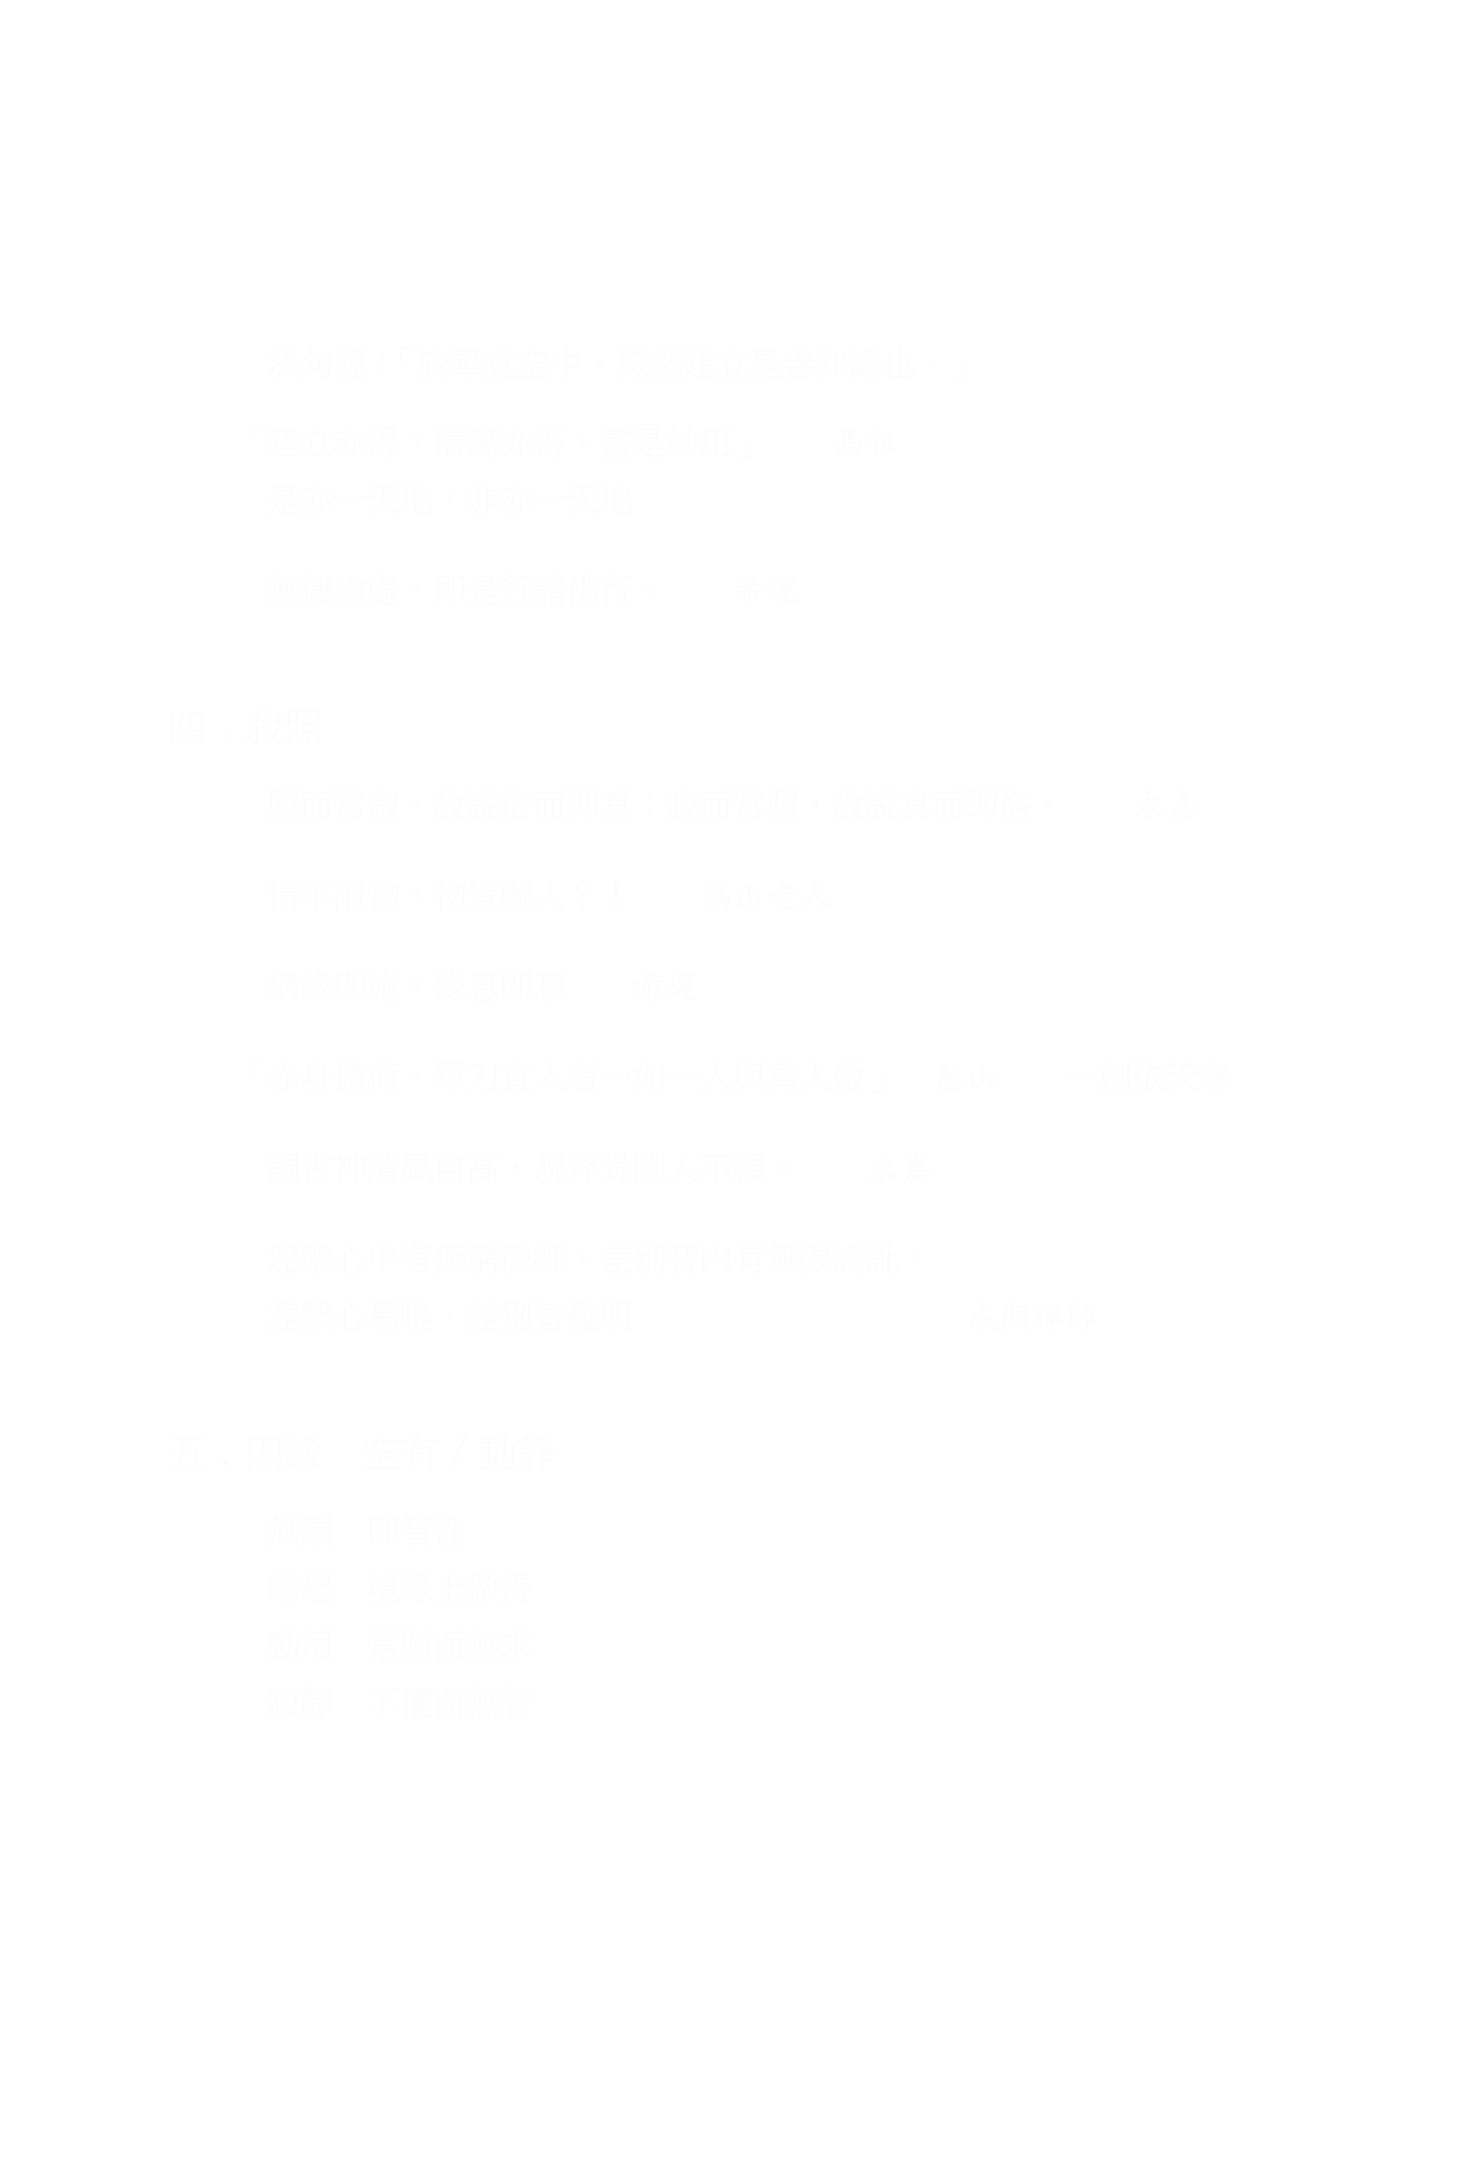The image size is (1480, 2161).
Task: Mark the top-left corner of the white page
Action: tap(0, 0)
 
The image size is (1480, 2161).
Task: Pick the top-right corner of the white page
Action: tap(1479, 0)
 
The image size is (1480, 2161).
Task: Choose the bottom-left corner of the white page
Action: tap(0, 2160)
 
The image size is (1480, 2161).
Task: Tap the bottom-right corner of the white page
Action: tap(1479, 2160)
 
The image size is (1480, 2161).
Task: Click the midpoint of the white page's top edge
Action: tap(740, 0)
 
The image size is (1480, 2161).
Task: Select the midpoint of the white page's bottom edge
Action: tap(740, 2160)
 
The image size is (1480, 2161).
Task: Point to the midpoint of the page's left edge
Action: tap(0, 1080)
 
